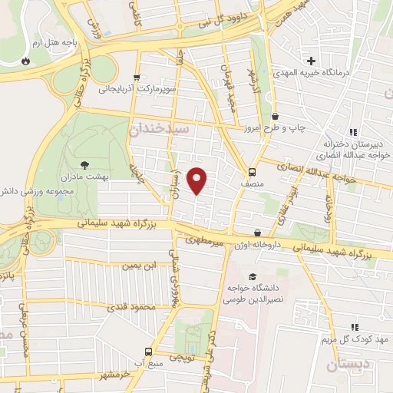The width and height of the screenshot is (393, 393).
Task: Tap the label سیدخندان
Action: [160, 130]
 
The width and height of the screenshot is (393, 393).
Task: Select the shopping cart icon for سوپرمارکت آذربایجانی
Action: [137, 77]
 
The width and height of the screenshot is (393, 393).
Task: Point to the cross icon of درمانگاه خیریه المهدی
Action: [311, 61]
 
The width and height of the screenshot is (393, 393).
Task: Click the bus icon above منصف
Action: [253, 172]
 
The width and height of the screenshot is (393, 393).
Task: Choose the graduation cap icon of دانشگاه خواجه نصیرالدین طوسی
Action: [253, 277]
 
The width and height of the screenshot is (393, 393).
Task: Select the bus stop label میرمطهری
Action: [202, 240]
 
